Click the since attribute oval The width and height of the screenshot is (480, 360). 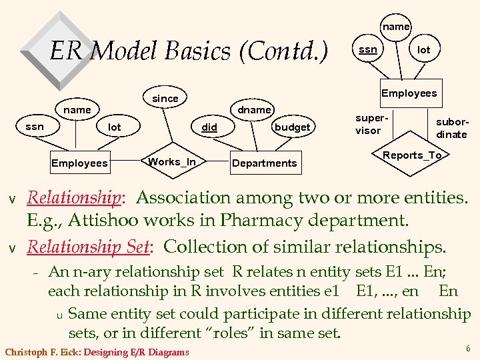click(x=165, y=99)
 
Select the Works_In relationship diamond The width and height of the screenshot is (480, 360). click(x=172, y=162)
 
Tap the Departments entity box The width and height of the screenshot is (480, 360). click(x=265, y=163)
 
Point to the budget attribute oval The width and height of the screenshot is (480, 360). click(x=292, y=127)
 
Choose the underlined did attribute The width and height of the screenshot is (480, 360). click(x=209, y=127)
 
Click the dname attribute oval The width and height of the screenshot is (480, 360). click(x=255, y=109)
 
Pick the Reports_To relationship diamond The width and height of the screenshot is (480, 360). click(x=412, y=155)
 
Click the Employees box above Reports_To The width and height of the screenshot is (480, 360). click(x=409, y=93)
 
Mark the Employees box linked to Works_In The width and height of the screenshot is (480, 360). click(x=79, y=163)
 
